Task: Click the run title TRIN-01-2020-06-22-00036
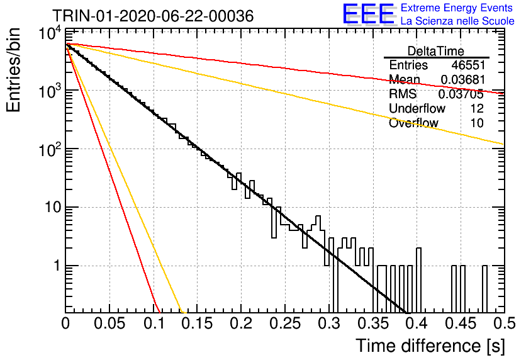[x=153, y=16]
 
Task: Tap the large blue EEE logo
[x=369, y=14]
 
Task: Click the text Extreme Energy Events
[x=457, y=8]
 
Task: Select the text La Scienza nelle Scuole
[x=457, y=21]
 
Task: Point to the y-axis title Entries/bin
[x=13, y=70]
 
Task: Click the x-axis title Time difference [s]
[x=430, y=346]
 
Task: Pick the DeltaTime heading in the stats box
[x=436, y=51]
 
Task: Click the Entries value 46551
[x=468, y=65]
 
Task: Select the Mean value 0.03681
[x=462, y=79]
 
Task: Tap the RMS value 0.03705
[x=461, y=94]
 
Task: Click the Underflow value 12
[x=477, y=108]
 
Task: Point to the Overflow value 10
[x=477, y=123]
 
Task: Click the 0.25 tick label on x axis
[x=285, y=323]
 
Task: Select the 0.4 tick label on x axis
[x=417, y=323]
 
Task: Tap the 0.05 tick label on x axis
[x=109, y=323]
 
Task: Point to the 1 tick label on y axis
[x=57, y=266]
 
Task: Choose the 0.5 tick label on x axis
[x=505, y=323]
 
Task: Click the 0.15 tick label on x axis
[x=197, y=323]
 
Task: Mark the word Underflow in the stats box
[x=417, y=108]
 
